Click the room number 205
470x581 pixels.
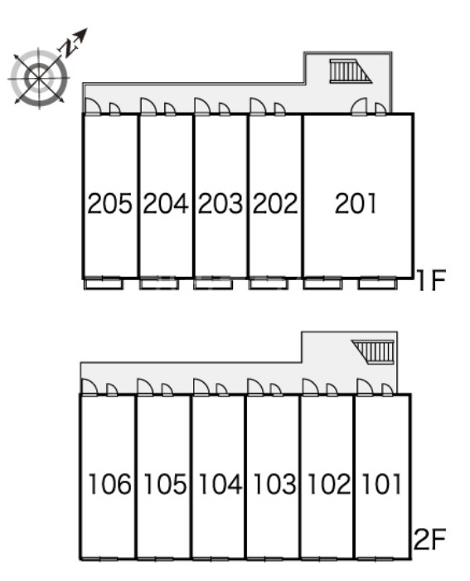(109, 203)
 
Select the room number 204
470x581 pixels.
(165, 203)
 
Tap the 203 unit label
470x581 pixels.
(220, 203)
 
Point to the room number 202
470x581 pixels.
(275, 203)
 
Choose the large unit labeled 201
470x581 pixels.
(358, 196)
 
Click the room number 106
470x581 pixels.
(109, 483)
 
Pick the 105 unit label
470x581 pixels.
(165, 483)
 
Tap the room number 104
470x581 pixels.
(220, 483)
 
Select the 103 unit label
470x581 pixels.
(274, 483)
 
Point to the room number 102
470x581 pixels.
(329, 483)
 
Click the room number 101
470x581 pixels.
(382, 483)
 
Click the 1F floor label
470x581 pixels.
(431, 280)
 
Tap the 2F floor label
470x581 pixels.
(429, 539)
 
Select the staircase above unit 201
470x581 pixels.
(351, 70)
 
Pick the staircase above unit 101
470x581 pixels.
(373, 351)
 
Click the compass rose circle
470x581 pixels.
(39, 78)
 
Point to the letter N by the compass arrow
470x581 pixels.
(67, 48)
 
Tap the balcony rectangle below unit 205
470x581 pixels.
(103, 283)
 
